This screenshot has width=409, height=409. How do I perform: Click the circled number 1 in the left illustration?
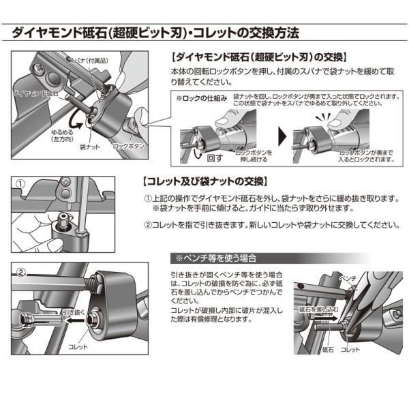(x=20, y=184)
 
